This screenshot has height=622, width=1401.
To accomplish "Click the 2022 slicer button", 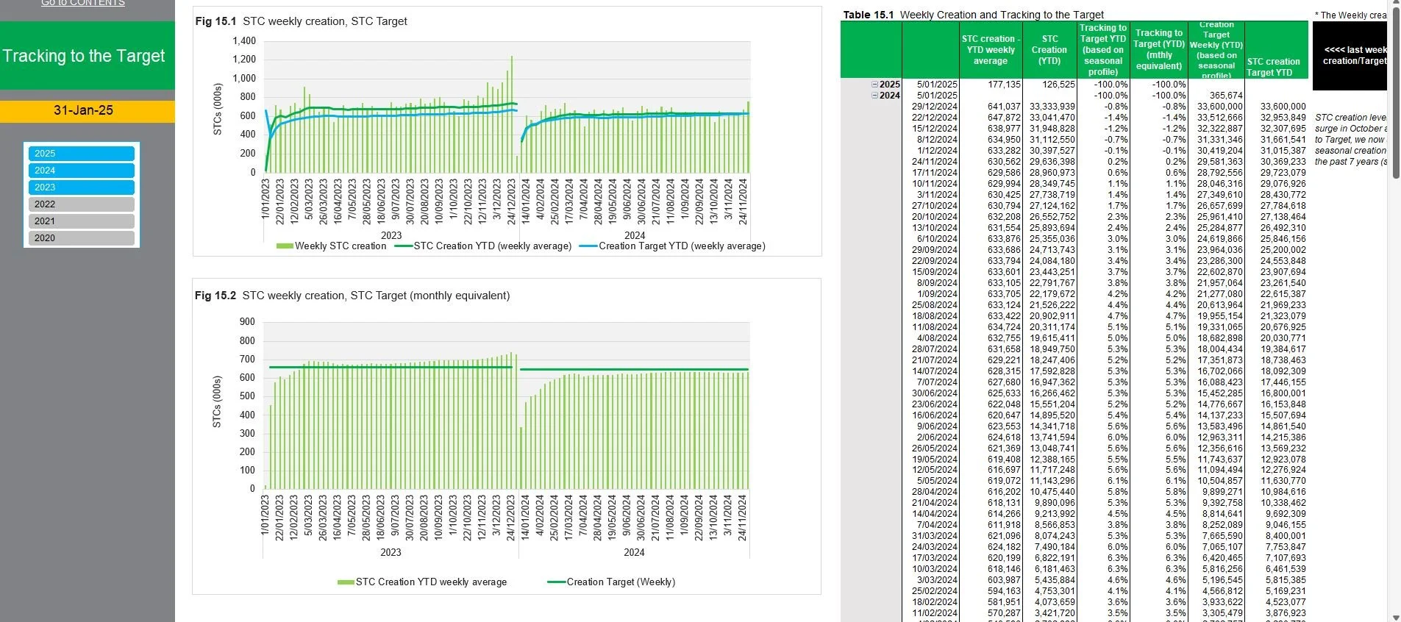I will (x=81, y=204).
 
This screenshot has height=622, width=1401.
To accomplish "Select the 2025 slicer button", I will (x=81, y=153).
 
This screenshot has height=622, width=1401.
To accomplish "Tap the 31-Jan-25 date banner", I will (x=84, y=110).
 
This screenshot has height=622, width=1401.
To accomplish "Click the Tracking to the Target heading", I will (x=84, y=56).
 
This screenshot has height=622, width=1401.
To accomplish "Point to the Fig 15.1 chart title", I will (x=301, y=21).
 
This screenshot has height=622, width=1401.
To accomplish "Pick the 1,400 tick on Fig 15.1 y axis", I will (x=244, y=41).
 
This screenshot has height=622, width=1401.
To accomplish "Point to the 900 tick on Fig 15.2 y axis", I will (x=247, y=322).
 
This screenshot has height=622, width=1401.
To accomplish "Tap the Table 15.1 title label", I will (x=973, y=15).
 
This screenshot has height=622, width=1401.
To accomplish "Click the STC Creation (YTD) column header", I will (x=1049, y=50).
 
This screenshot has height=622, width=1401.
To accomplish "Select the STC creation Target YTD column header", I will (x=1273, y=67).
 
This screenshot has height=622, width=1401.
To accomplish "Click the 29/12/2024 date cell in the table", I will (x=935, y=107).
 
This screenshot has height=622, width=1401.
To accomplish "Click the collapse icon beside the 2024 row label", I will (x=875, y=96).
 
